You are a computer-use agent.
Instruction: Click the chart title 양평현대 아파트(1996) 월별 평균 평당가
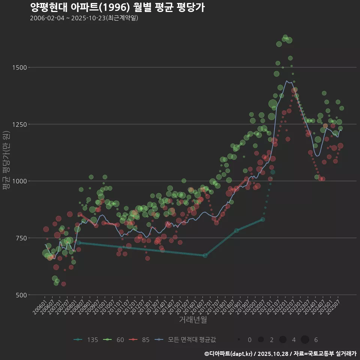tap(117, 7)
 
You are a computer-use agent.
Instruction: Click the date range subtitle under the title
tap(84, 18)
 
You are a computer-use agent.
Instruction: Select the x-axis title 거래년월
tap(193, 319)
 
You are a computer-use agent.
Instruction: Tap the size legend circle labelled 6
tap(305, 340)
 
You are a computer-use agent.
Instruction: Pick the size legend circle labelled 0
tap(239, 340)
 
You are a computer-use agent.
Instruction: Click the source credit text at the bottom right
tap(280, 353)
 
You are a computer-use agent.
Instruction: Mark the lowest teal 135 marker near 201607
tap(205, 255)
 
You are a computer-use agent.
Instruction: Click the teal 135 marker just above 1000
tap(273, 172)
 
